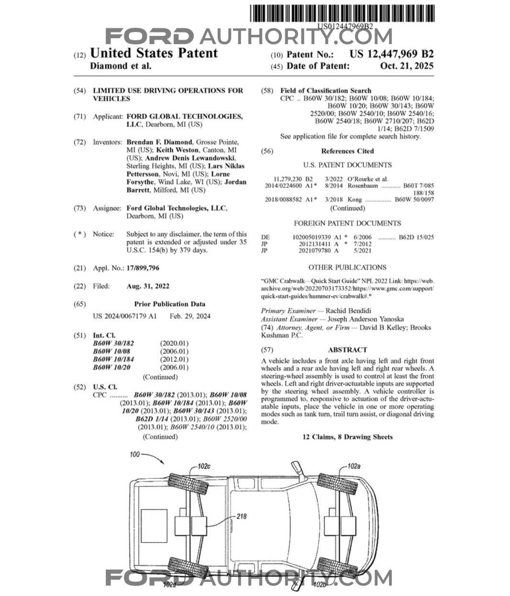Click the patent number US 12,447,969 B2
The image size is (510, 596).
tap(391, 54)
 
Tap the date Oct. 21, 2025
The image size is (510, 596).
tap(407, 66)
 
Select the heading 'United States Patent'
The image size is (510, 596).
tap(154, 53)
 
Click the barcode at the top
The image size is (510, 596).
tap(342, 13)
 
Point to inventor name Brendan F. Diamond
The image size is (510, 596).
tap(159, 142)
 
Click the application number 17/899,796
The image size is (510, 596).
tap(143, 268)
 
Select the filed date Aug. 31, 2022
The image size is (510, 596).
tap(148, 286)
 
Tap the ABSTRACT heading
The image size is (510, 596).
tap(347, 350)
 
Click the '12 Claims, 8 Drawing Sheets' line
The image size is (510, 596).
tap(347, 437)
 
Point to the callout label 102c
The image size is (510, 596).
tap(204, 466)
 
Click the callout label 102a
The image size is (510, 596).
tap(354, 466)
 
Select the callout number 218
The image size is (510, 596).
tap(242, 516)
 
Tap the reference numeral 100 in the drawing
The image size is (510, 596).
tap(135, 454)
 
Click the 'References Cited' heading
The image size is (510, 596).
tap(347, 151)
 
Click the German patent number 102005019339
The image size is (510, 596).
tap(311, 237)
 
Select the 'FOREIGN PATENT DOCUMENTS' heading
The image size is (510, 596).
tap(347, 223)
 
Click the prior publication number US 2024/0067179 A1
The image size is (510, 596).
tap(124, 316)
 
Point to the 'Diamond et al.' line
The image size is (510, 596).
tap(121, 66)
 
